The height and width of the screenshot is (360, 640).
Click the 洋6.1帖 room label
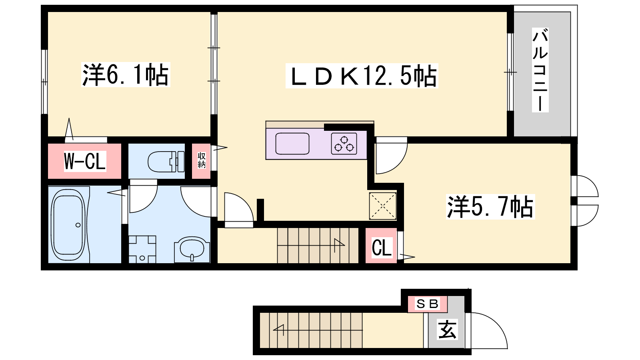pyautogui.click(x=126, y=75)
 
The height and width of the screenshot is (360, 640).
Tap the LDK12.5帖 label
pyautogui.click(x=362, y=76)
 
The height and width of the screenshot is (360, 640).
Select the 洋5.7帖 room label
pyautogui.click(x=490, y=207)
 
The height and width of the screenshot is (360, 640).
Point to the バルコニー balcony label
pyautogui.click(x=540, y=70)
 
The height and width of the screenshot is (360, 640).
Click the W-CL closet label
pyautogui.click(x=85, y=162)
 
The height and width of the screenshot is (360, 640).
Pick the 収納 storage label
pyautogui.click(x=202, y=160)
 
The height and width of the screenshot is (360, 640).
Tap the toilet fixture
pyautogui.click(x=166, y=162)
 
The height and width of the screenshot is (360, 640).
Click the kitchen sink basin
pyautogui.click(x=292, y=144)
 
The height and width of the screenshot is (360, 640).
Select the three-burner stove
pyautogui.click(x=344, y=144)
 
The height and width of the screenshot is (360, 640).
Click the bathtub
pyautogui.click(x=68, y=224)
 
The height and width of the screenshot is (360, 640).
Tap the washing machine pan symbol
pyautogui.click(x=142, y=249)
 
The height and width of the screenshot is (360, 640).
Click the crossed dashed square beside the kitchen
pyautogui.click(x=382, y=206)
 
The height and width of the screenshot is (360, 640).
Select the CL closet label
pyautogui.click(x=382, y=248)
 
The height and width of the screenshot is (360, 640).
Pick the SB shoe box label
pyautogui.click(x=428, y=304)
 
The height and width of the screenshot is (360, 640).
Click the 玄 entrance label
pyautogui.click(x=448, y=330)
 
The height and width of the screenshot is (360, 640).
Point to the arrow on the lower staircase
pyautogui.click(x=278, y=330)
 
